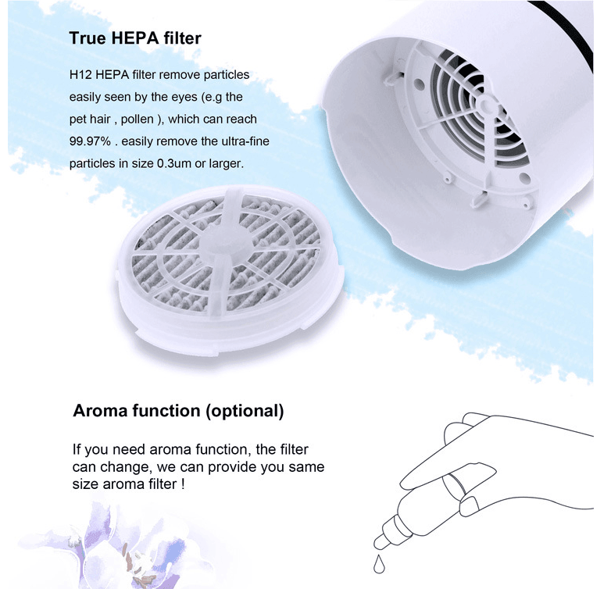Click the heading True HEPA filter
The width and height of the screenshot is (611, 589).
135,37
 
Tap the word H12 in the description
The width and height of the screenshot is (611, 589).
80,75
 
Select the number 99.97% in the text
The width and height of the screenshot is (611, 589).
89,143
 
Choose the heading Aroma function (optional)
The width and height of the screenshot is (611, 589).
178,410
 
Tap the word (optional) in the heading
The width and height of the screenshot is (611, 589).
248,410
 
